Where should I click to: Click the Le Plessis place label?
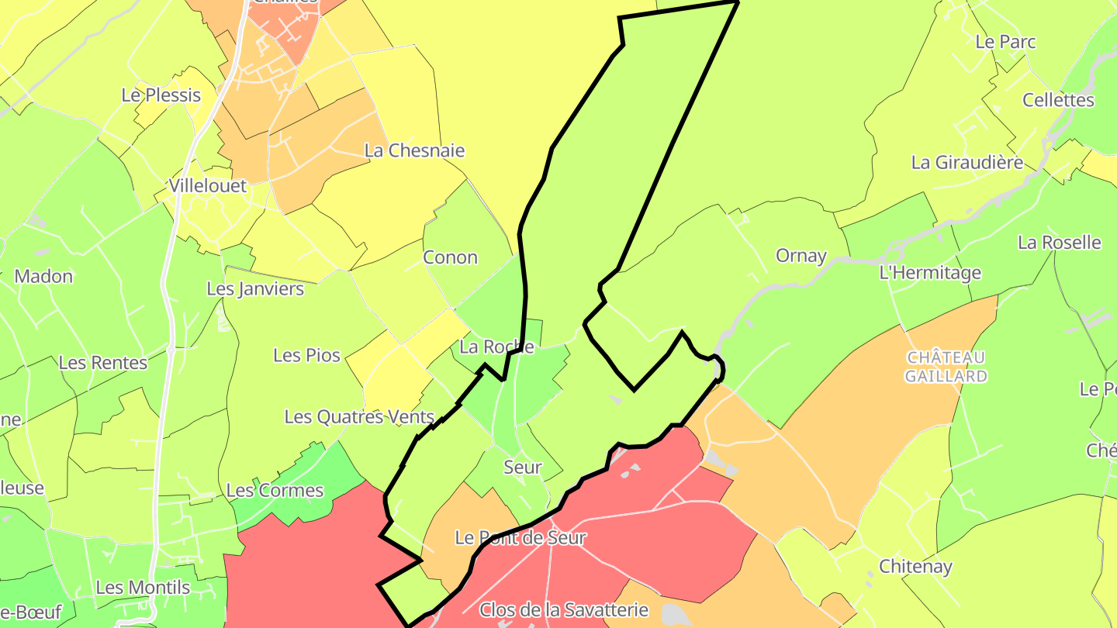coord(161,95)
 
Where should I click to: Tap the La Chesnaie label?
coord(414,150)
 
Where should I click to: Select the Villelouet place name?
coord(208,186)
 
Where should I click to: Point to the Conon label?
coord(450,257)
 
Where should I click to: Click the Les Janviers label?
coord(255,289)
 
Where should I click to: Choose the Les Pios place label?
coord(306,355)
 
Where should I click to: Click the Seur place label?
coord(522,468)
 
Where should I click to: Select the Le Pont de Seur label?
coord(520,537)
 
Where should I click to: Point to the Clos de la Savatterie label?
coord(563,609)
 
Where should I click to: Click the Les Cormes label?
coord(275,490)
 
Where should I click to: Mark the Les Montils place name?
coord(143,588)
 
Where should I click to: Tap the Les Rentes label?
coord(102,363)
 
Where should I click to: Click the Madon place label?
coord(43,276)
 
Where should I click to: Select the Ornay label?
coord(801,256)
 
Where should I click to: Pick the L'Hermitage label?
coord(929,273)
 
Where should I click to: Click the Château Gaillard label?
coord(946,367)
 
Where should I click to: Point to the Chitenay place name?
coord(915,567)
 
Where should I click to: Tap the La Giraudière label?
coord(967,163)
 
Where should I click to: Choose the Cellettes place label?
coord(1058,100)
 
